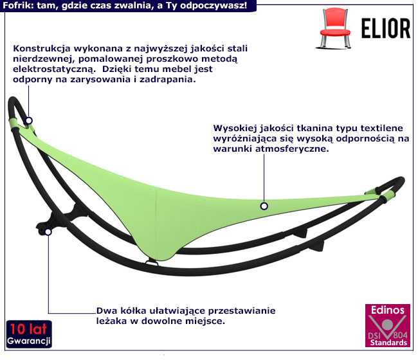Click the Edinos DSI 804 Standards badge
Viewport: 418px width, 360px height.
pyautogui.click(x=388, y=326)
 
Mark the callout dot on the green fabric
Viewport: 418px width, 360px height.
pyautogui.click(x=264, y=206)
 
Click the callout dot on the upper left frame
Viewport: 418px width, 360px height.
pyautogui.click(x=29, y=120)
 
